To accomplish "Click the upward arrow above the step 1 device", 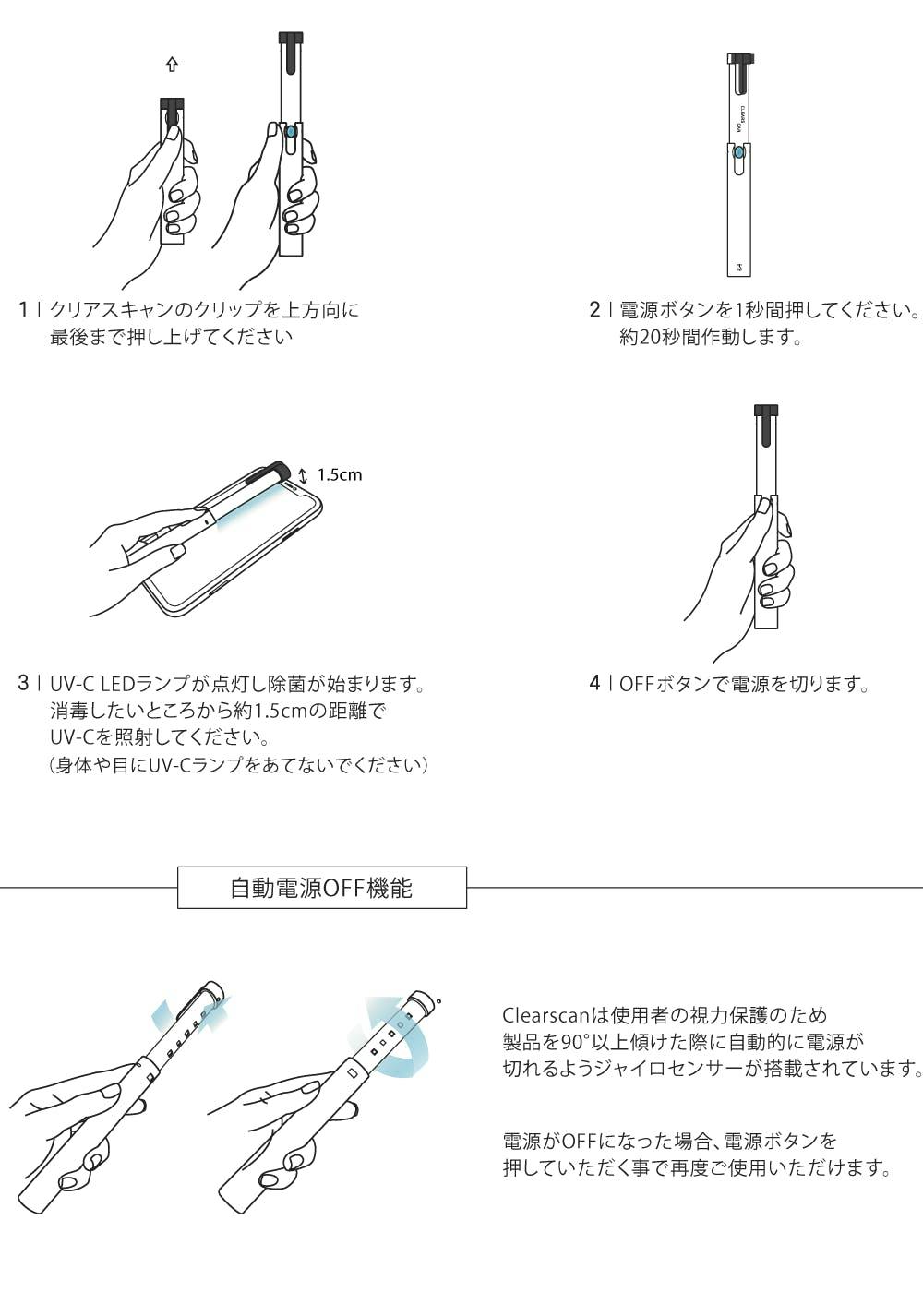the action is pos(172,65).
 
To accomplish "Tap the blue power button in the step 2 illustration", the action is pos(739,154).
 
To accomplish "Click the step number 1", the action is pos(23,310).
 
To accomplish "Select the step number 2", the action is pos(594,310).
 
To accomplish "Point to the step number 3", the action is pos(23,684).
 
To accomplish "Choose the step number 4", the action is pos(594,684).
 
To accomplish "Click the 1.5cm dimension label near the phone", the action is pos(340,475).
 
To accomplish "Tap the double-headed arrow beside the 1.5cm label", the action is pos(303,476).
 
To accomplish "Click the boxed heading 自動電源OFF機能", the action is pos(321,888).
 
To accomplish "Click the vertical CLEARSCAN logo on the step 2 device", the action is pos(741,118).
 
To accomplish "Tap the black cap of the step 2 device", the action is pos(740,58).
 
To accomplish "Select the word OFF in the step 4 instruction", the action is pos(637,684).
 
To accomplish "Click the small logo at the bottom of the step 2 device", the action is pos(739,268).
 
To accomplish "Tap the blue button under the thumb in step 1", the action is pos(290,133).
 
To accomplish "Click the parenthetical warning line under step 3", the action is pos(239,765).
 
